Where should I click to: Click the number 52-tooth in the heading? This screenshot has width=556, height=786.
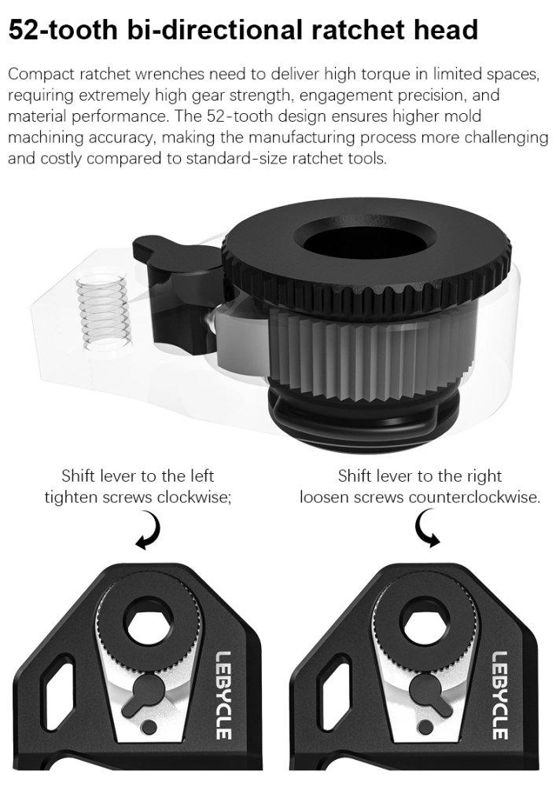pyautogui.click(x=62, y=30)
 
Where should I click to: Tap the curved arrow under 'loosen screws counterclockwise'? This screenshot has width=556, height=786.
pyautogui.click(x=427, y=528)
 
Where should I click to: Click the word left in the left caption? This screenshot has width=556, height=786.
pyautogui.click(x=201, y=476)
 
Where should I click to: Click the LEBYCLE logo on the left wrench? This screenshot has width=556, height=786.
pyautogui.click(x=224, y=695)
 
